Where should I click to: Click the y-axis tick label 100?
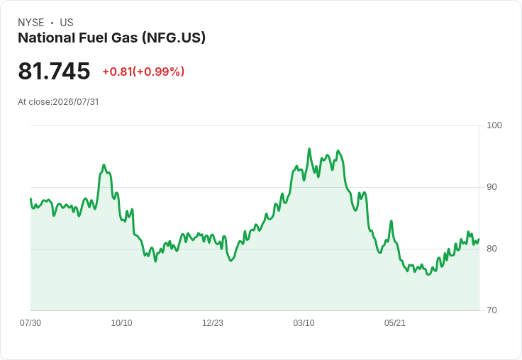pyautogui.click(x=494, y=125)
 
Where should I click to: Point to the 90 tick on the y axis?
pyautogui.click(x=492, y=187)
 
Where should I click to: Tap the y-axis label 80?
pyautogui.click(x=492, y=249)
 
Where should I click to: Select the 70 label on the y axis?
pyautogui.click(x=492, y=310)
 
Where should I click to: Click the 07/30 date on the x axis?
pyautogui.click(x=30, y=322)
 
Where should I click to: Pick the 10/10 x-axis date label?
pyautogui.click(x=121, y=322)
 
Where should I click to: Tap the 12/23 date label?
pyautogui.click(x=213, y=322)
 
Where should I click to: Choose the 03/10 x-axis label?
pyautogui.click(x=304, y=322)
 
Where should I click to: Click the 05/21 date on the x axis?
pyautogui.click(x=395, y=322)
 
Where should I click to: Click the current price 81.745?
pyautogui.click(x=54, y=71)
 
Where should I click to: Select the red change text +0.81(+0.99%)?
pyautogui.click(x=143, y=72)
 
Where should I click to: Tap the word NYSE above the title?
pyautogui.click(x=31, y=23)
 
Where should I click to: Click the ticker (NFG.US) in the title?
pyautogui.click(x=174, y=38)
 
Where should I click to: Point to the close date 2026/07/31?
pyautogui.click(x=76, y=102)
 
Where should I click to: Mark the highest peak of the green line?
pyautogui.click(x=309, y=149)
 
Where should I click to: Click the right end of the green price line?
pyautogui.click(x=479, y=240)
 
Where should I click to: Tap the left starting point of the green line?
pyautogui.click(x=30, y=198)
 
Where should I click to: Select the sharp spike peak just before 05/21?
pyautogui.click(x=391, y=221)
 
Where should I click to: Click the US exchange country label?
pyautogui.click(x=67, y=23)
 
